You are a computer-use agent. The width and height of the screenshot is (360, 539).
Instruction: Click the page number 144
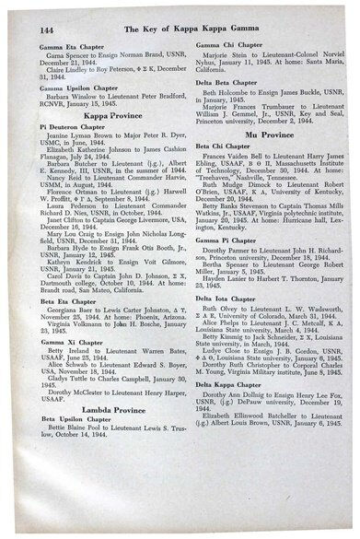[x=28, y=31]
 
